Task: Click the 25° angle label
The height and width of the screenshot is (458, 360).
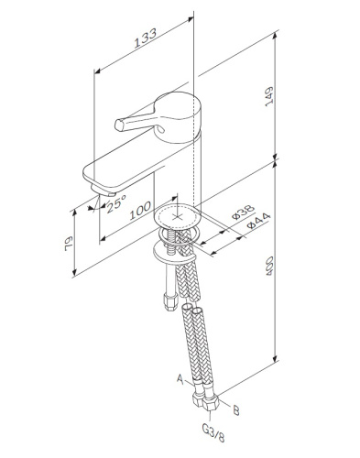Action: coord(116,204)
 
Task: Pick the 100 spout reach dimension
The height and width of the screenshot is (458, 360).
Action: coord(139,213)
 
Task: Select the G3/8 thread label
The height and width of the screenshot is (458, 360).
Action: coord(209,429)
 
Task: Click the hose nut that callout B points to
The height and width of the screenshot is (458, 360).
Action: coord(213,400)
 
